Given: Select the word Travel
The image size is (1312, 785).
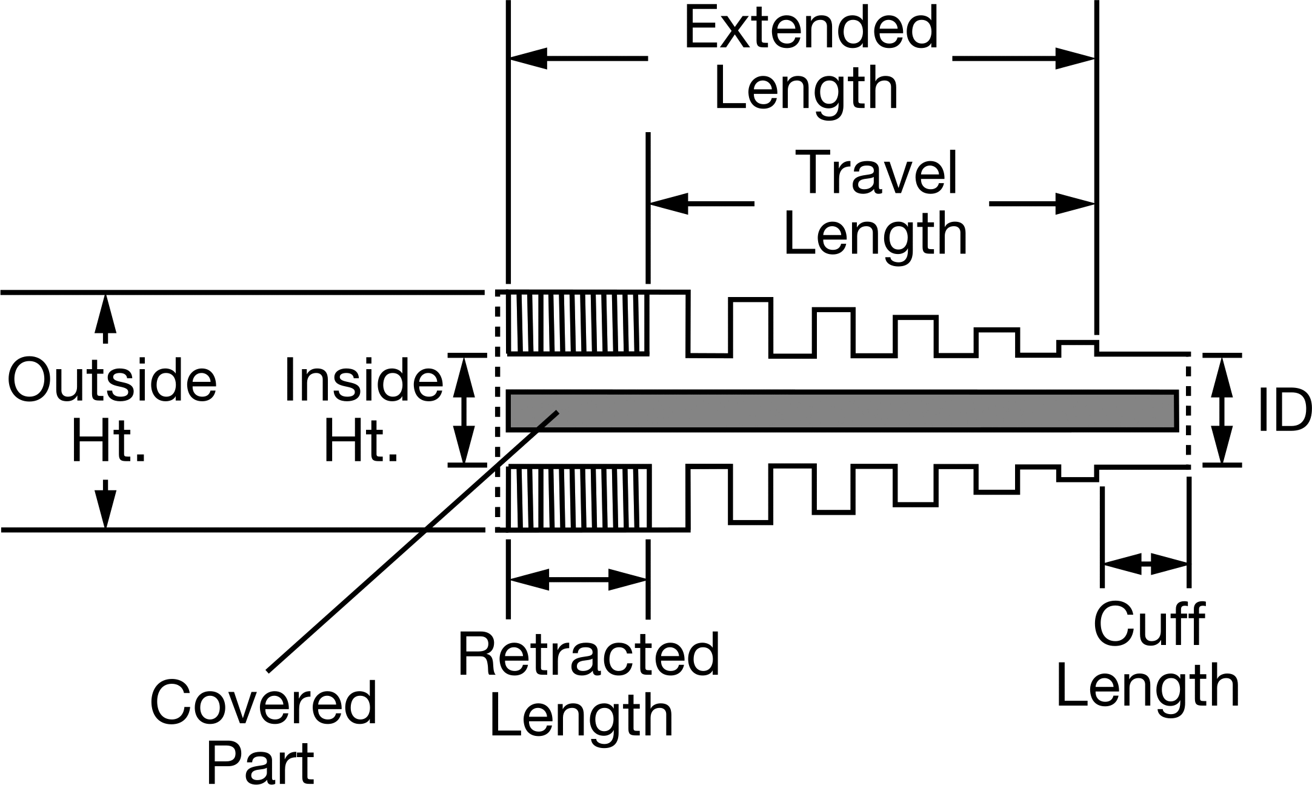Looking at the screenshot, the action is [x=879, y=172].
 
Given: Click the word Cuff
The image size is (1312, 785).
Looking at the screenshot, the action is [x=1149, y=624].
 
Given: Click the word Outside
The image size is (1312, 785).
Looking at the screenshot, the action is [x=112, y=381].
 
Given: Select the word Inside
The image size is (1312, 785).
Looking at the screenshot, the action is [x=364, y=381].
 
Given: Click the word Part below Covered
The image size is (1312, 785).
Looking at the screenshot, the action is [x=261, y=762].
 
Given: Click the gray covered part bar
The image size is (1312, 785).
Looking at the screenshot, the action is [x=842, y=411].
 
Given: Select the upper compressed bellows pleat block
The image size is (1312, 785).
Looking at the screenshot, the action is [x=578, y=322].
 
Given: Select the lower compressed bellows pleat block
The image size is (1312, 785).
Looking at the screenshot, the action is [x=578, y=497].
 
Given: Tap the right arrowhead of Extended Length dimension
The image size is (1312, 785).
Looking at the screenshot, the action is [x=1076, y=59].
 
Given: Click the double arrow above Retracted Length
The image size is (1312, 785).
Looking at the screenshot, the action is [x=578, y=580].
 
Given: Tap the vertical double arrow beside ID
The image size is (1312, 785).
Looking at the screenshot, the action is [x=1222, y=410].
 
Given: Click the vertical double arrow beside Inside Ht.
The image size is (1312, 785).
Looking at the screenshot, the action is [x=464, y=410].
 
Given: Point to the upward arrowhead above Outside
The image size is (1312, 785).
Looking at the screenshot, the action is [x=105, y=312].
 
